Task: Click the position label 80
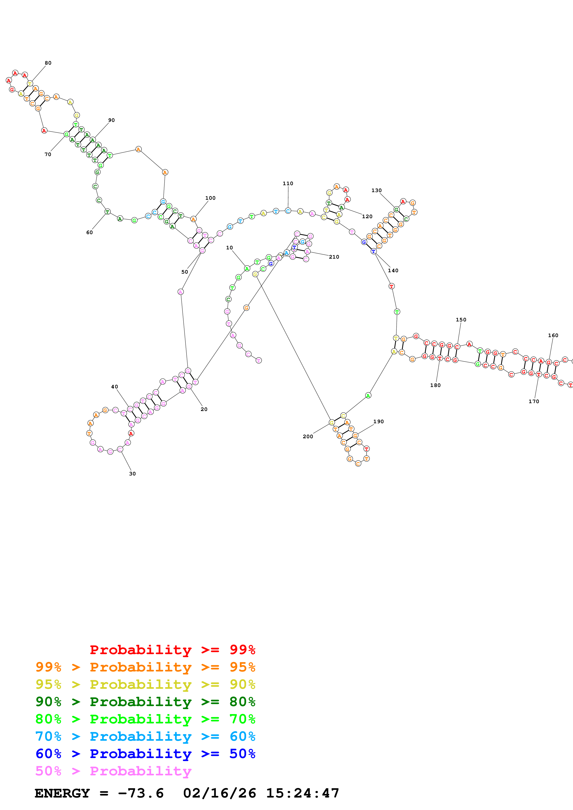click(x=48, y=63)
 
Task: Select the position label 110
click(x=288, y=183)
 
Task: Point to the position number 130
click(x=376, y=190)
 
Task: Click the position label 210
click(x=334, y=257)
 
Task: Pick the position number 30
click(x=132, y=474)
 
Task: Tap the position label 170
click(x=534, y=402)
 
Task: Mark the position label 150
click(x=461, y=320)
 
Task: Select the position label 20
click(x=204, y=409)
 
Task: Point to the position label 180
click(x=435, y=385)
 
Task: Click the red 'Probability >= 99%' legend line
click(x=172, y=650)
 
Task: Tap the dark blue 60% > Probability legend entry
click(x=145, y=754)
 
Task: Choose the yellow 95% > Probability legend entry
click(x=145, y=684)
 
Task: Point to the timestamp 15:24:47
click(x=303, y=793)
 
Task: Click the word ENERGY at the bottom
click(x=62, y=793)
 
